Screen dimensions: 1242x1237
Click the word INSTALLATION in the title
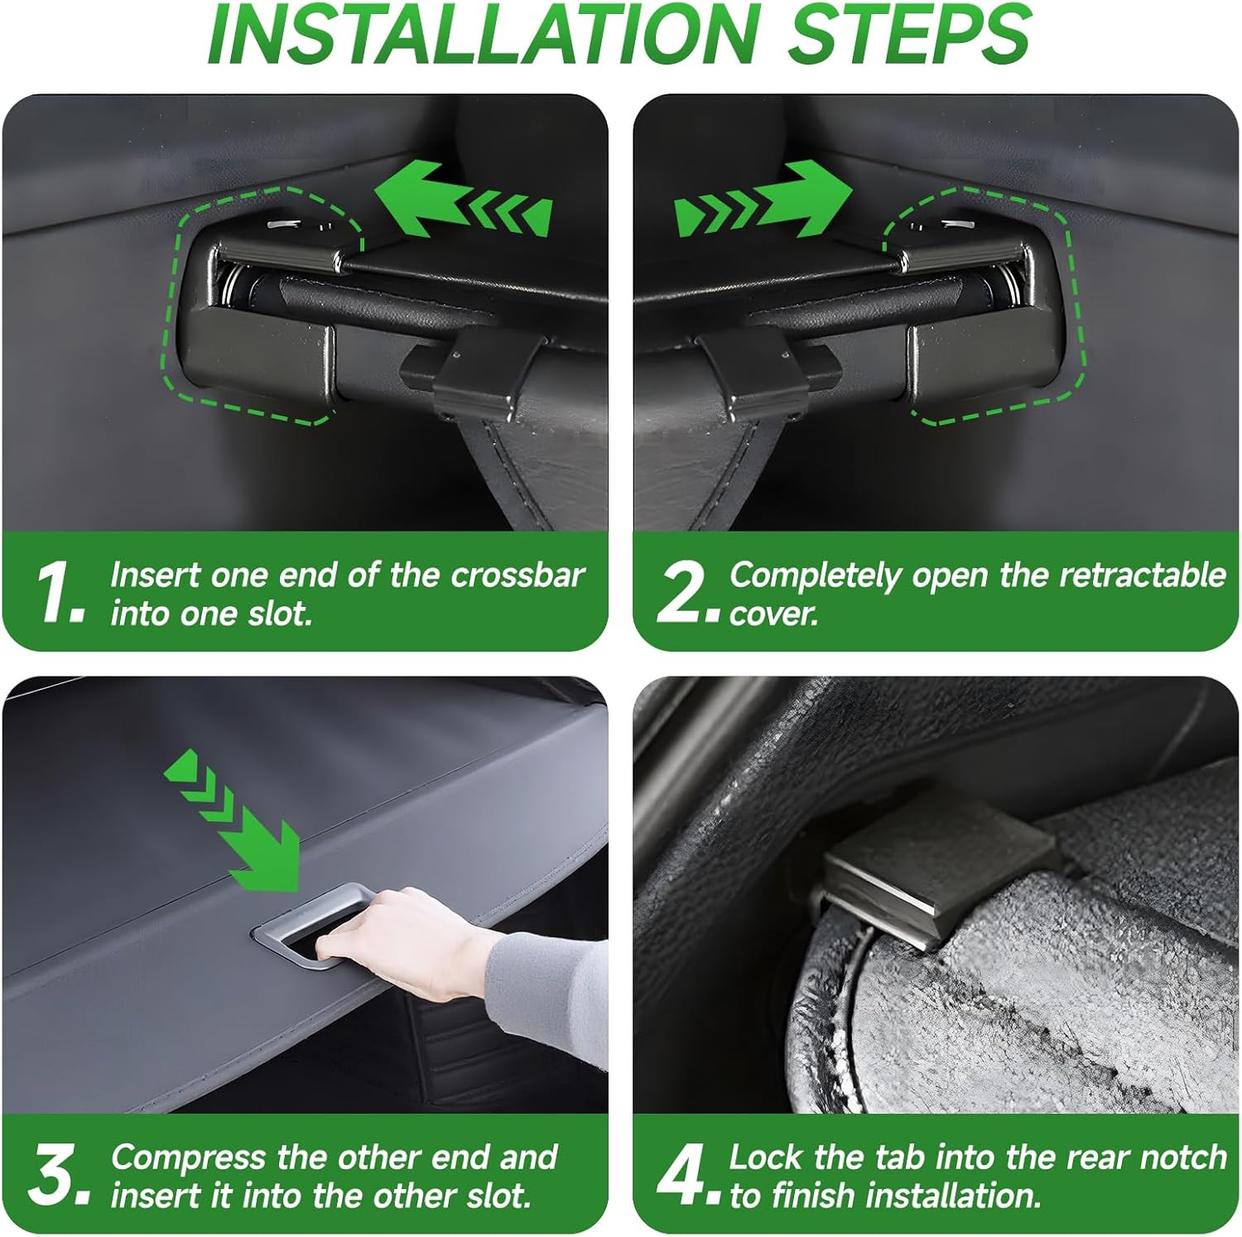(482, 36)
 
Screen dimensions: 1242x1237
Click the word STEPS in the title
(908, 36)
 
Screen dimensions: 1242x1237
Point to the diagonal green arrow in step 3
(233, 820)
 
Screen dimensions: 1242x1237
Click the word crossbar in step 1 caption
(518, 575)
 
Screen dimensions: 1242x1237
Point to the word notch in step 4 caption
(1184, 1157)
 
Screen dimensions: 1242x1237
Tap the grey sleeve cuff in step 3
(546, 1002)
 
